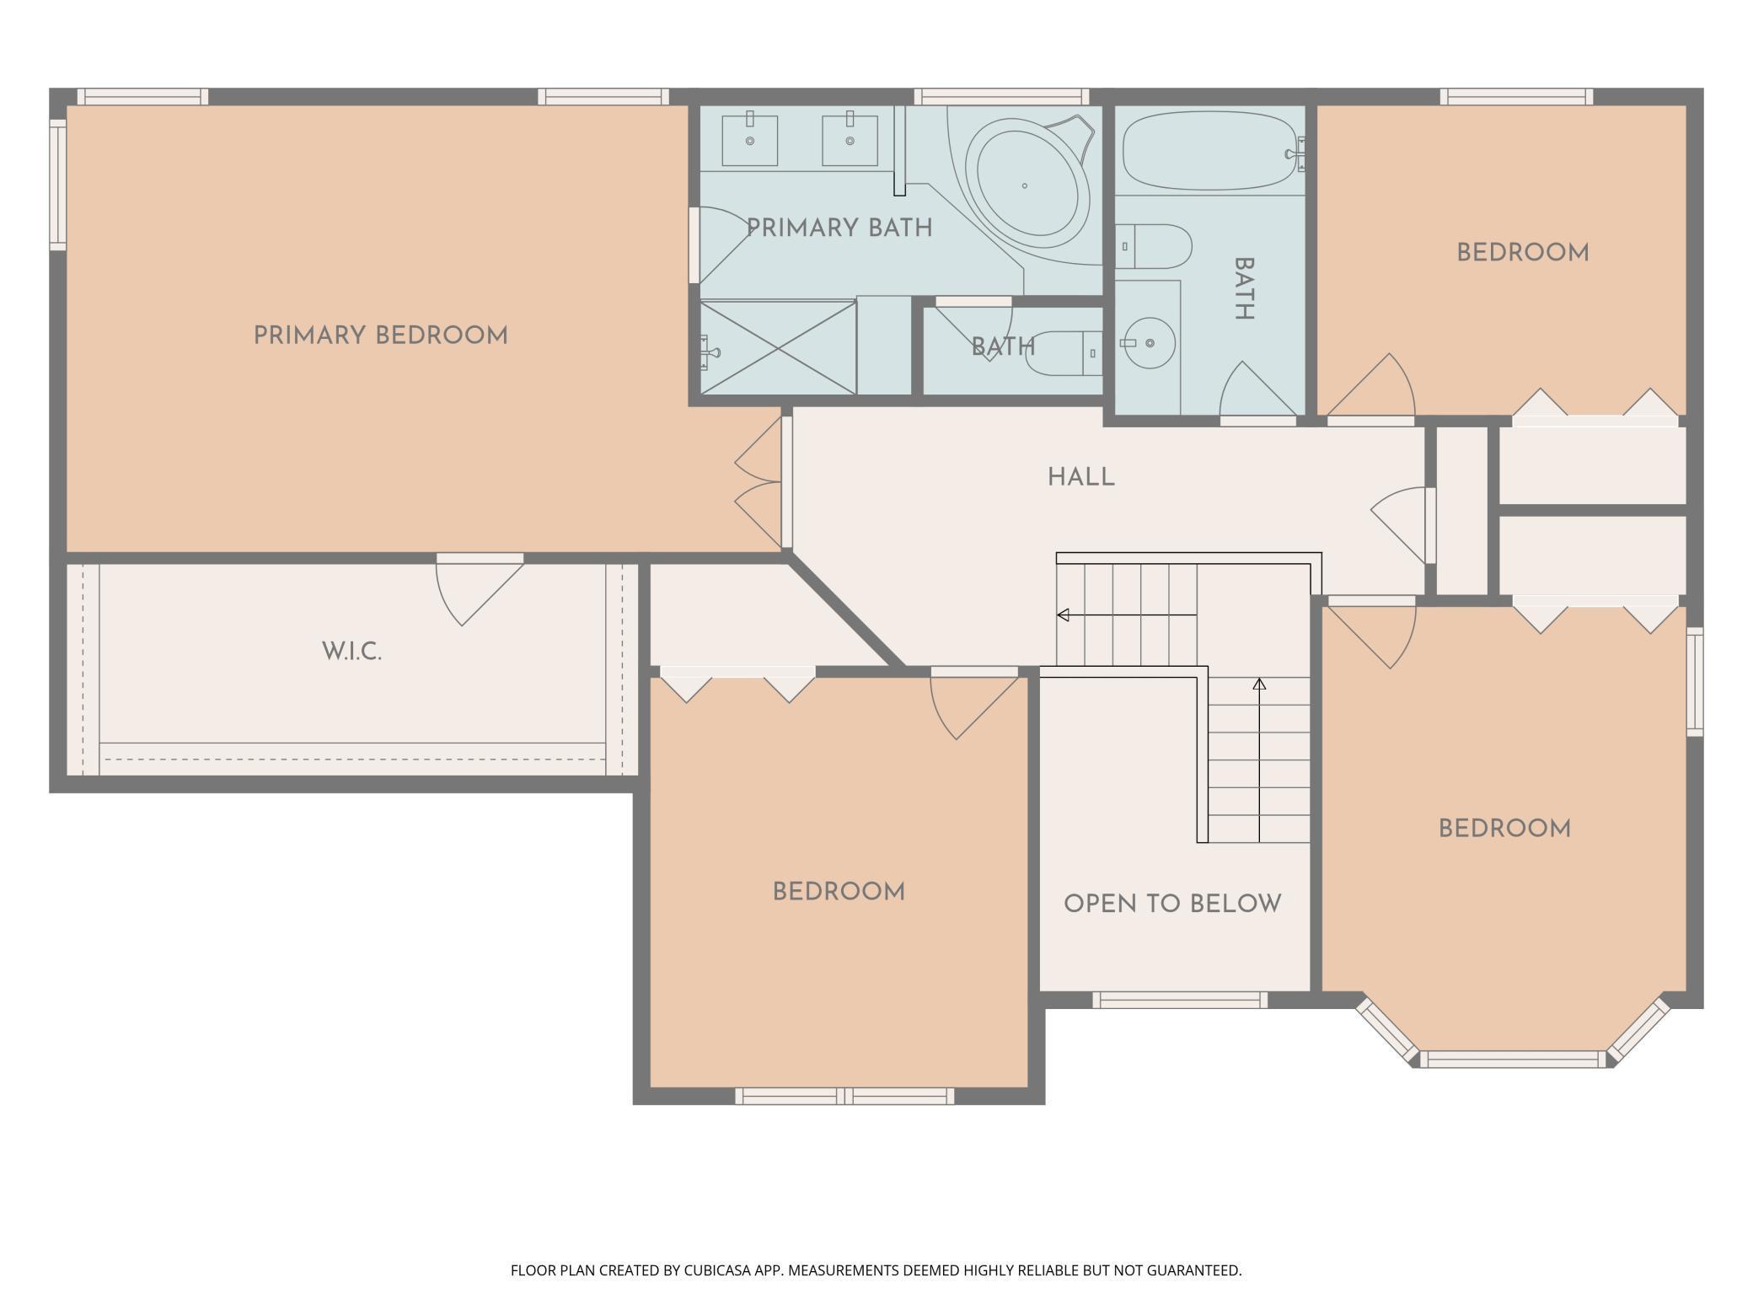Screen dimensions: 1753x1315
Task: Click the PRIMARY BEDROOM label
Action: tap(381, 335)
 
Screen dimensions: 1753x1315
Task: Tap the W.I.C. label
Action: tap(352, 652)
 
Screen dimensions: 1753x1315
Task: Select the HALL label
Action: tap(1081, 478)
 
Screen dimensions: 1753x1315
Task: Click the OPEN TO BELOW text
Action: tap(1172, 904)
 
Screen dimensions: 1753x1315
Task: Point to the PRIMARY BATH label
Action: tap(839, 228)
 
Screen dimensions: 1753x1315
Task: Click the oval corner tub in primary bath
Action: tap(1027, 183)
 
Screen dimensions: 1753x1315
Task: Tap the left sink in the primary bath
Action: tap(750, 141)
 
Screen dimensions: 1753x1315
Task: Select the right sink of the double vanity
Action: tap(850, 141)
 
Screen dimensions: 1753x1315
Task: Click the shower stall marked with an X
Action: tap(778, 347)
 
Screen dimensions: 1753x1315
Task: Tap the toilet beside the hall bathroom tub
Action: tap(1154, 246)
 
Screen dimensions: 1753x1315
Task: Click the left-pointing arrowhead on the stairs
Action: tap(1063, 615)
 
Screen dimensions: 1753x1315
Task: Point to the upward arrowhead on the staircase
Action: tap(1259, 684)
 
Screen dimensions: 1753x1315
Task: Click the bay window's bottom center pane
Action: tap(1514, 1059)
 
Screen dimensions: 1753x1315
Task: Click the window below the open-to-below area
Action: tap(1180, 1000)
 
